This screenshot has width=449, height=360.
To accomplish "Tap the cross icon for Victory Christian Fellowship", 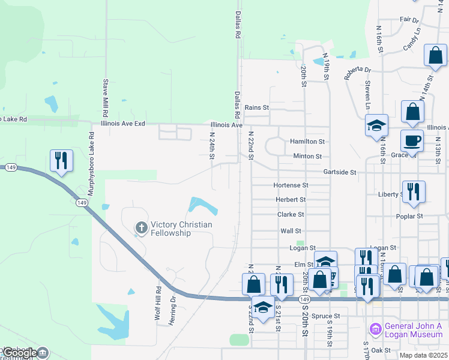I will (x=141, y=227).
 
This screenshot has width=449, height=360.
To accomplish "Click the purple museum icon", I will (x=375, y=329).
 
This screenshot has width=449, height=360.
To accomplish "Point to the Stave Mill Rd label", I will (x=106, y=98).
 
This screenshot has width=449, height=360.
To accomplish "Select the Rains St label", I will (x=257, y=107).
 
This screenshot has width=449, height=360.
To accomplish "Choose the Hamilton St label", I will (x=307, y=142).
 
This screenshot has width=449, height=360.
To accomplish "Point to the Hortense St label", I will (x=291, y=185).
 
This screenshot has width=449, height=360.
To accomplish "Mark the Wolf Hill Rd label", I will (x=158, y=306).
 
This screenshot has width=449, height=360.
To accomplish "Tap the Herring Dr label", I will (x=173, y=306).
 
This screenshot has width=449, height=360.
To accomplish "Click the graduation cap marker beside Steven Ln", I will (x=376, y=125).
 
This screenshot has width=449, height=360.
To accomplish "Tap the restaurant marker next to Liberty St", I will (x=414, y=191).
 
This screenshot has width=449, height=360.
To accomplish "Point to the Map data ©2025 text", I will (x=424, y=355).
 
